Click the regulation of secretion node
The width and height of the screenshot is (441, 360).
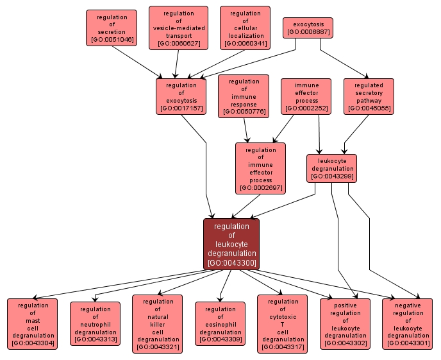[112, 28]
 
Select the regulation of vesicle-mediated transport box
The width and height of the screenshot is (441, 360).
[178, 28]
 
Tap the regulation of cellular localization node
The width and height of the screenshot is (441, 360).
[245, 28]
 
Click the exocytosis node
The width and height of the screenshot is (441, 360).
[308, 28]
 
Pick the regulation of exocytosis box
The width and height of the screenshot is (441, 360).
[181, 96]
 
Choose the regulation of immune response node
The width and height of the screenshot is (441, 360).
[244, 96]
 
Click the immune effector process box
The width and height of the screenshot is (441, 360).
[306, 96]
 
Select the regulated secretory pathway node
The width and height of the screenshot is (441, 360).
[369, 96]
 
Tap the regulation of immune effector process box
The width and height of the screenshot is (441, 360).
[260, 168]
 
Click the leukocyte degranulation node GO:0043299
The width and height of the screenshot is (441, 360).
[331, 168]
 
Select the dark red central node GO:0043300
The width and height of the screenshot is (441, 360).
[231, 244]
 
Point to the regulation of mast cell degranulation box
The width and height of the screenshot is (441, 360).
[33, 324]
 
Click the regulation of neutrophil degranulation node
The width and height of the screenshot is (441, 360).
[95, 324]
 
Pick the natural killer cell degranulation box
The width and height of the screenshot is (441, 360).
[158, 324]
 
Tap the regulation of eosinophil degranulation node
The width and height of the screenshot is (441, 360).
[220, 324]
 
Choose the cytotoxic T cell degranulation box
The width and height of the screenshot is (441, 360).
[283, 324]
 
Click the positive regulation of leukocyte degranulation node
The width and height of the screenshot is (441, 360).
[345, 324]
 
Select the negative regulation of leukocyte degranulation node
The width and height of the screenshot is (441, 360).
[408, 324]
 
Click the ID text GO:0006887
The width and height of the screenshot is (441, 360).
[308, 31]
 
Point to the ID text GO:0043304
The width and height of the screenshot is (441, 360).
[33, 344]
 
